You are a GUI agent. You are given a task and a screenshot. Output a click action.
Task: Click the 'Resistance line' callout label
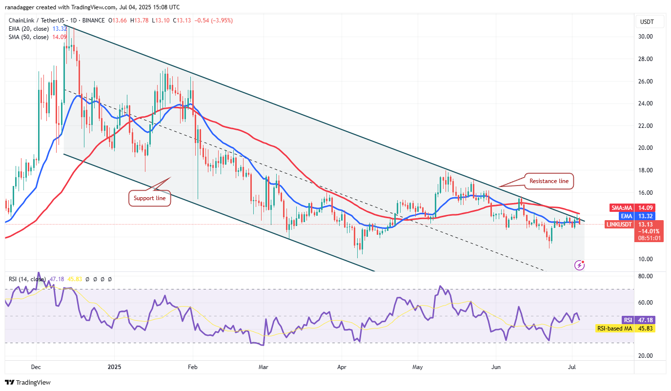[x=549, y=181]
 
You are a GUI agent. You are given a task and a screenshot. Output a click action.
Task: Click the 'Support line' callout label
[x=149, y=199]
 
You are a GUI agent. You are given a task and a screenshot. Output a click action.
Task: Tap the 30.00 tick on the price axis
[x=646, y=37]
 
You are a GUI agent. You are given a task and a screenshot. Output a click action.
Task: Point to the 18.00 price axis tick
[x=646, y=170]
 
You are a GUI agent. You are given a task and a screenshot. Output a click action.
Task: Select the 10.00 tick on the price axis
[x=646, y=259]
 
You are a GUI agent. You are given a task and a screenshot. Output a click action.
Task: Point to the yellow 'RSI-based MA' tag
[x=614, y=329]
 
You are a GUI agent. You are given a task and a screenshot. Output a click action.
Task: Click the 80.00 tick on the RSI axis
[x=646, y=276]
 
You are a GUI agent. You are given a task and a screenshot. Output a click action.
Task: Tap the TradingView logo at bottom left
[x=28, y=382]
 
